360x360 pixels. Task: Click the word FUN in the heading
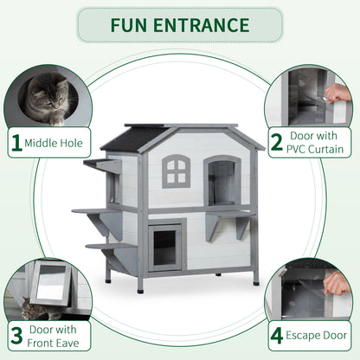pos(128,24)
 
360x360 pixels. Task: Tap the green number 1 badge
pos(16,141)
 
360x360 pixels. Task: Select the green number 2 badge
pos(276,142)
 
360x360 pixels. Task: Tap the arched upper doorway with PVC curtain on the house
pos(222,180)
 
